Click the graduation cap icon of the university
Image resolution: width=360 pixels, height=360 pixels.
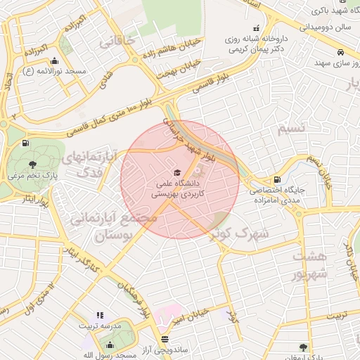tap(176, 172)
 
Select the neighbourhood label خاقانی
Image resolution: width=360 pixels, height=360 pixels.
tap(117, 43)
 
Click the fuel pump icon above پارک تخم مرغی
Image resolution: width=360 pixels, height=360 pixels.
tap(27, 143)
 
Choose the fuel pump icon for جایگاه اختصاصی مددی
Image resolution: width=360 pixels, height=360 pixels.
tap(277, 180)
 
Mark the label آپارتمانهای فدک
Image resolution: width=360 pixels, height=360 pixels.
tap(87, 164)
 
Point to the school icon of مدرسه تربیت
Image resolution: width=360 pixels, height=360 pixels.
tap(99, 315)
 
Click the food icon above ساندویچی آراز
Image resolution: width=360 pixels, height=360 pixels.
tap(165, 340)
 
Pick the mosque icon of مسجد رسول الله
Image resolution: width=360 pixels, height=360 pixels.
tap(110, 345)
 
